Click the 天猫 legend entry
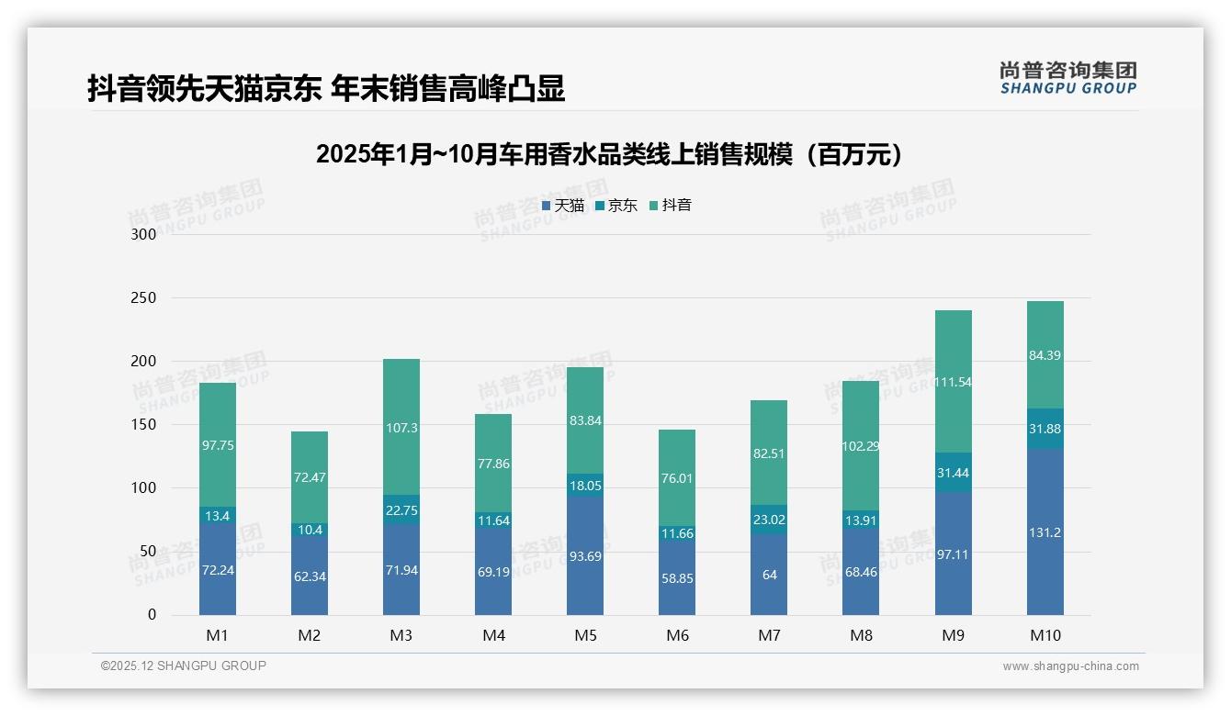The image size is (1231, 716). tap(563, 206)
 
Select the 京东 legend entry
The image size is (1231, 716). tap(616, 206)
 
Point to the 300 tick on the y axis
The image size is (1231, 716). tap(144, 234)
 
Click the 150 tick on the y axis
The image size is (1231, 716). tap(144, 425)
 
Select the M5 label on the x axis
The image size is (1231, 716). tap(585, 635)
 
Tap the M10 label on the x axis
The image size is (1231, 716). tap(1045, 635)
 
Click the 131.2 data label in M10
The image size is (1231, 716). tap(1045, 532)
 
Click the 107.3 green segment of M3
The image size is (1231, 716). tap(401, 427)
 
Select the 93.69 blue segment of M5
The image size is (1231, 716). tap(585, 555)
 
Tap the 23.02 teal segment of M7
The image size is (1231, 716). tap(769, 520)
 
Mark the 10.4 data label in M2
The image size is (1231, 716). tap(310, 530)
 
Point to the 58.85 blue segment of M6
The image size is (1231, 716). tap(677, 578)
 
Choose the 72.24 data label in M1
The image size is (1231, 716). tap(218, 570)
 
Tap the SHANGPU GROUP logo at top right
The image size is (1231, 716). tap(1067, 78)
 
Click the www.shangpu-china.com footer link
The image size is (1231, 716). tap(1070, 666)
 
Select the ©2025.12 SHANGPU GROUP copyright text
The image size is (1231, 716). tap(184, 666)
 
